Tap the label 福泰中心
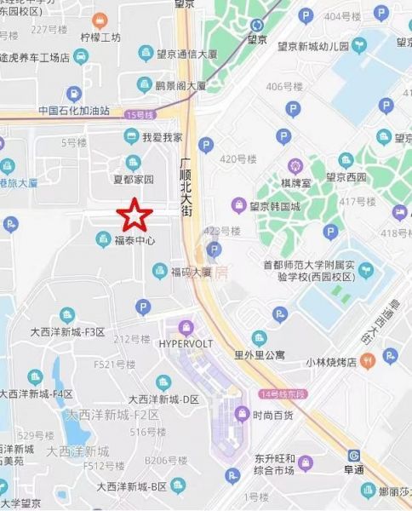(x=134, y=241)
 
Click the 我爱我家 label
(x=162, y=136)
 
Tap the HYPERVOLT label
(x=186, y=343)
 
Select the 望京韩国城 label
(x=278, y=206)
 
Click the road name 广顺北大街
(x=186, y=187)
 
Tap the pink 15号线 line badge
(x=134, y=114)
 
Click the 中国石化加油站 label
(x=74, y=111)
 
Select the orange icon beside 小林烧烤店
(x=367, y=361)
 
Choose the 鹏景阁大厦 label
(x=180, y=86)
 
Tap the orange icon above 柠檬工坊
(x=100, y=19)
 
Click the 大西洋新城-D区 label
(x=163, y=399)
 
